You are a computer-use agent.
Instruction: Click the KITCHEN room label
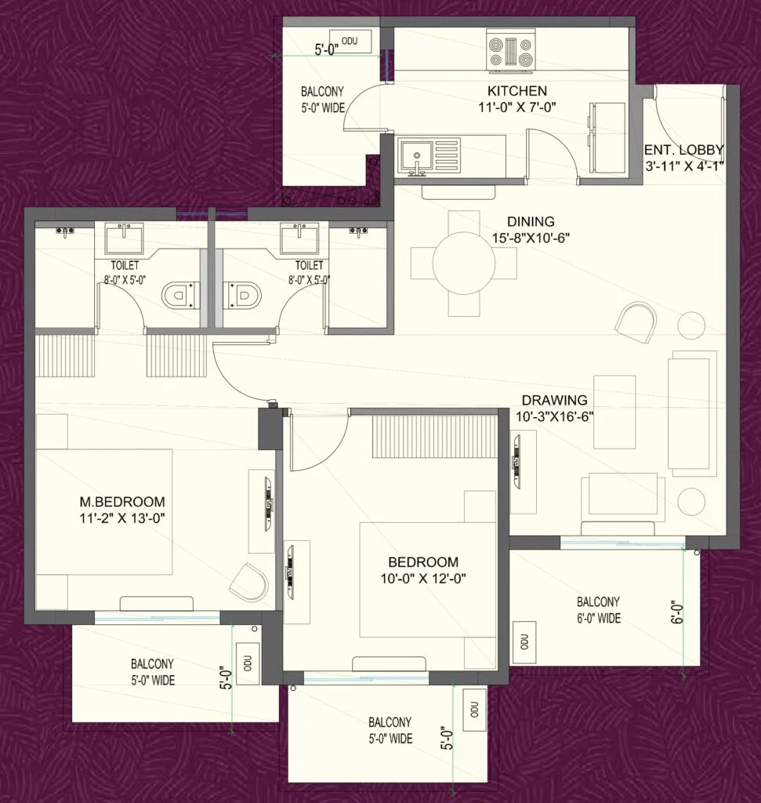point(516,91)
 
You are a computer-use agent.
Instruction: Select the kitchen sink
point(412,156)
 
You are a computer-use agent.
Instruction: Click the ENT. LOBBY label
point(683,150)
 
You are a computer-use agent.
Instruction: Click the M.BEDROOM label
point(121,502)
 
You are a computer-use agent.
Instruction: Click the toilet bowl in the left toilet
point(179,296)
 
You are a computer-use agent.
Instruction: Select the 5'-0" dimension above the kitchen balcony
point(325,50)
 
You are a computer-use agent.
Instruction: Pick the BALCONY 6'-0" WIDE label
point(599,610)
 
